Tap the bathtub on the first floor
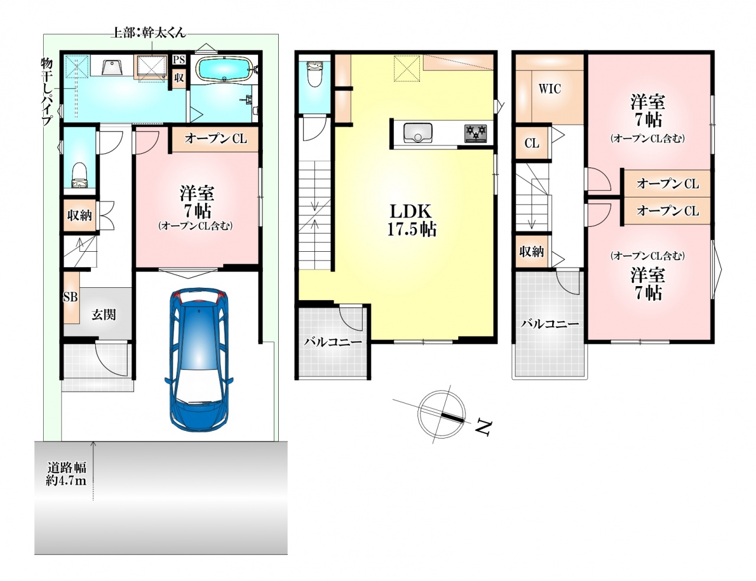pyautogui.click(x=224, y=69)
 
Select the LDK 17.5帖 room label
pyautogui.click(x=412, y=220)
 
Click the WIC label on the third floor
pyautogui.click(x=550, y=89)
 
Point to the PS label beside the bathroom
pyautogui.click(x=179, y=60)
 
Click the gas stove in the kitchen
pyautogui.click(x=475, y=133)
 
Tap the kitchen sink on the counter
pyautogui.click(x=418, y=132)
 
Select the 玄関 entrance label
pyautogui.click(x=104, y=314)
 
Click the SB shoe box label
pyautogui.click(x=70, y=297)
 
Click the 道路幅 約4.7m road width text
pyautogui.click(x=67, y=473)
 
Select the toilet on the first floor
pyautogui.click(x=80, y=176)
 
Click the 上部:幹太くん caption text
pyautogui.click(x=148, y=33)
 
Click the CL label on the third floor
pyautogui.click(x=532, y=143)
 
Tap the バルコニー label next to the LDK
pyautogui.click(x=333, y=342)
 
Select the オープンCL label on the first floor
pyautogui.click(x=216, y=139)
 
